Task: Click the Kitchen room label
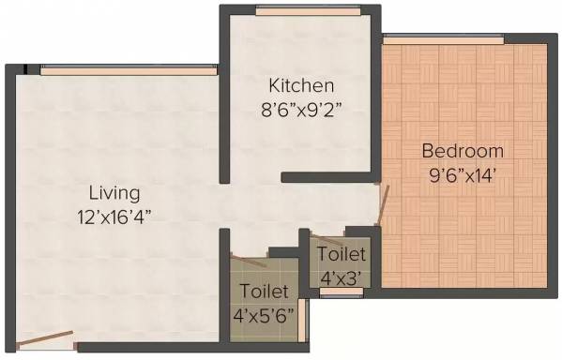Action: click(301, 85)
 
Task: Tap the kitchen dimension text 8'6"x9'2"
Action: click(301, 110)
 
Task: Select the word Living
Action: click(114, 194)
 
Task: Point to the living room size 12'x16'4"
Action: click(114, 217)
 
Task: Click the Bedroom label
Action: click(463, 151)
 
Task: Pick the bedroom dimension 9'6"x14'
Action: click(463, 175)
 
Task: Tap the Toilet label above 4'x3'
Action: click(342, 254)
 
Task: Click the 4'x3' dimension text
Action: click(341, 278)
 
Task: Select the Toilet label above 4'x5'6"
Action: click(265, 291)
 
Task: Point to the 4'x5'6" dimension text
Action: click(264, 316)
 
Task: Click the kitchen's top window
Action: click(309, 11)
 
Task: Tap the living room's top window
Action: click(129, 70)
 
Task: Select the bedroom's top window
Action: click(444, 39)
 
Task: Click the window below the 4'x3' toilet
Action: click(342, 292)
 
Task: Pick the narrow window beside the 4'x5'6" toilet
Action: click(302, 321)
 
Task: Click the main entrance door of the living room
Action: click(45, 338)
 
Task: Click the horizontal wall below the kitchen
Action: click(328, 177)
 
